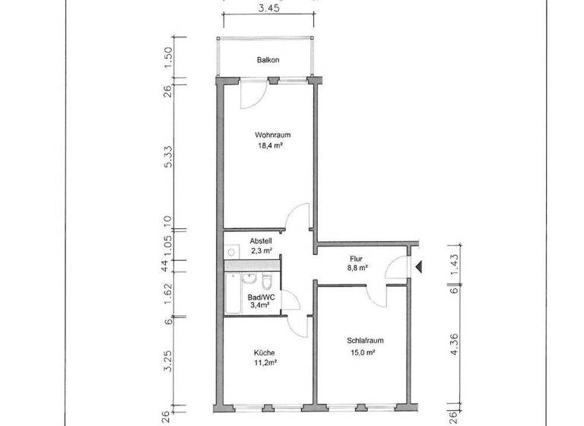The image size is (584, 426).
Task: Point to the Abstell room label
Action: pyautogui.click(x=251, y=240)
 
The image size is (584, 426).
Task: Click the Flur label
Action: pyautogui.click(x=357, y=258)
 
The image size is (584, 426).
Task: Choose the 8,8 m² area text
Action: pyautogui.click(x=357, y=268)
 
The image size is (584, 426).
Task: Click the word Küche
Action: pyautogui.click(x=265, y=352)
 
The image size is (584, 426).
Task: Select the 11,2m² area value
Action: pyautogui.click(x=265, y=363)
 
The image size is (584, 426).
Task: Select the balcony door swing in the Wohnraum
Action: pyautogui.click(x=252, y=92)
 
